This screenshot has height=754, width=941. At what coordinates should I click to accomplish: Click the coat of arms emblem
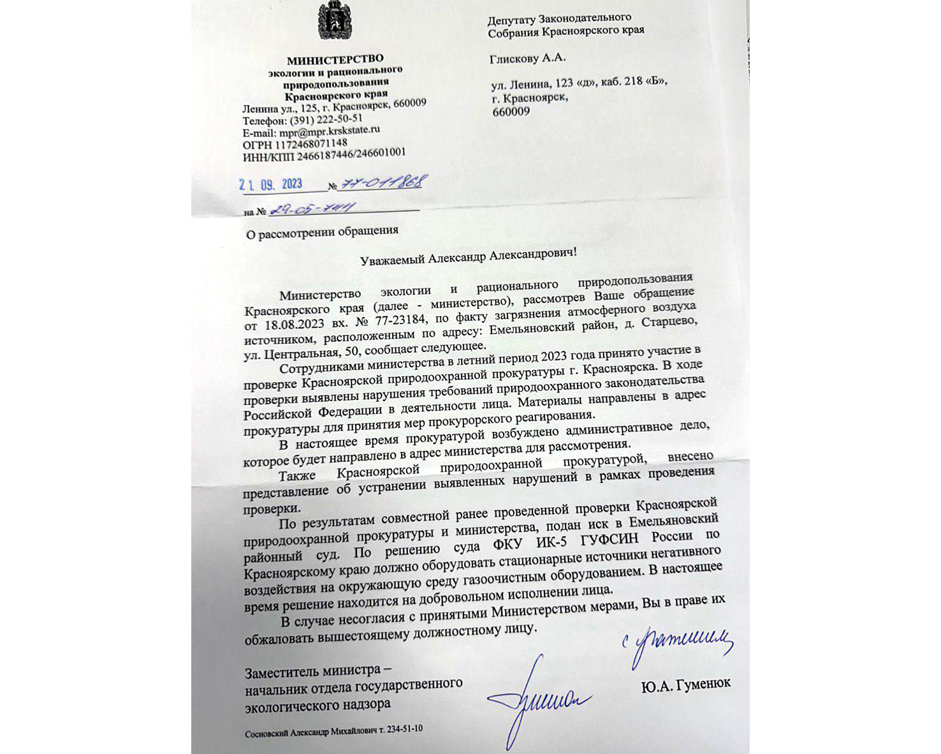pyautogui.click(x=335, y=21)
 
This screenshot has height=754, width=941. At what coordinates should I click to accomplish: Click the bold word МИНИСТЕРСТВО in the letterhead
pyautogui.click(x=335, y=60)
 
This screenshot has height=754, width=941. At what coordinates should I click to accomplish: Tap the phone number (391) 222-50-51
pyautogui.click(x=326, y=119)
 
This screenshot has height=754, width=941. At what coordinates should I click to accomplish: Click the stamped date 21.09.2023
pyautogui.click(x=271, y=185)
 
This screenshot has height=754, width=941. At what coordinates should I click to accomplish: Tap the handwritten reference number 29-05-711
pyautogui.click(x=312, y=209)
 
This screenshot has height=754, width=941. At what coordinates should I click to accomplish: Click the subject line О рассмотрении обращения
pyautogui.click(x=323, y=232)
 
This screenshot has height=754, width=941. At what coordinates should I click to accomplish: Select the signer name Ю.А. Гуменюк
pyautogui.click(x=685, y=684)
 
